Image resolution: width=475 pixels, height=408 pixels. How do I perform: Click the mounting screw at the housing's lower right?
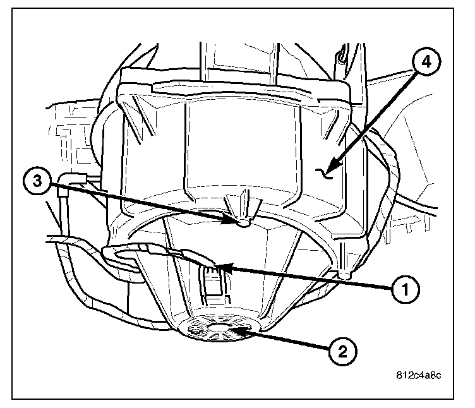(x=345, y=275)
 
